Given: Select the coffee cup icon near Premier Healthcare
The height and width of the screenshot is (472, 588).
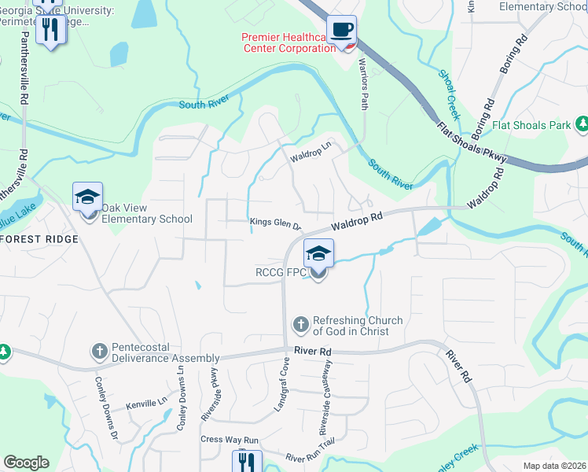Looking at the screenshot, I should [x=341, y=30].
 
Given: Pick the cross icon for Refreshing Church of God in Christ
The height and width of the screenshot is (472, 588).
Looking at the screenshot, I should [x=300, y=324].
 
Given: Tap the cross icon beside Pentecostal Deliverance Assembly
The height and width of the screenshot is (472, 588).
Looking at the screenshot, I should [x=99, y=351].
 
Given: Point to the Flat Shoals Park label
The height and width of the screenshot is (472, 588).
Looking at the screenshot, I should [x=531, y=125].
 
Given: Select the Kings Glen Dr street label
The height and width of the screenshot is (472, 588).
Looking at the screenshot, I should [x=275, y=223].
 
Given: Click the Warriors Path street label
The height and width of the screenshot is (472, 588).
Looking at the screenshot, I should [x=363, y=83].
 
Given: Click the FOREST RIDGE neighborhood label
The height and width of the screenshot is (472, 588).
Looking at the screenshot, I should [x=39, y=238].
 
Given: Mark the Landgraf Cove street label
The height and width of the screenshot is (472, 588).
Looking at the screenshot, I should [x=281, y=385].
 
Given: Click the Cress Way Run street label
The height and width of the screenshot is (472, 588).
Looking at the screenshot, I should [x=230, y=440].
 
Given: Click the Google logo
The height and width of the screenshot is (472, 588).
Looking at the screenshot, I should [x=26, y=463].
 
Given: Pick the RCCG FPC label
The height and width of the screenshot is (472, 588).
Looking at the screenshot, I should [x=279, y=273].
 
